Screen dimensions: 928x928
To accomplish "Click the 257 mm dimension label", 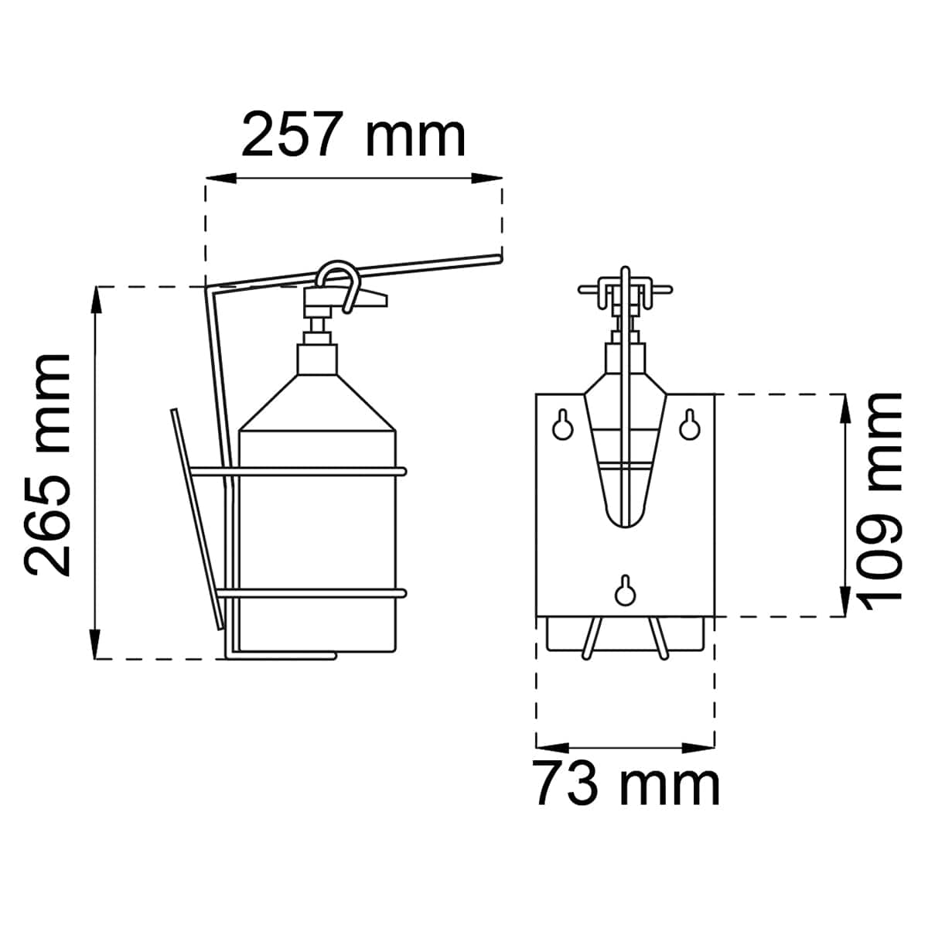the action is click(x=353, y=134).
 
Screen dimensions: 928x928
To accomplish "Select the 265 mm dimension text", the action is click(x=46, y=466).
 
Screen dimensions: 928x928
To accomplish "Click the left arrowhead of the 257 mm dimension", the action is click(x=221, y=178).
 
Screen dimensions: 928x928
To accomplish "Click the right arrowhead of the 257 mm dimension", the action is click(x=486, y=178).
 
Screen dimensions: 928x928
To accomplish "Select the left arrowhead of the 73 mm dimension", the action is click(x=552, y=748).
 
